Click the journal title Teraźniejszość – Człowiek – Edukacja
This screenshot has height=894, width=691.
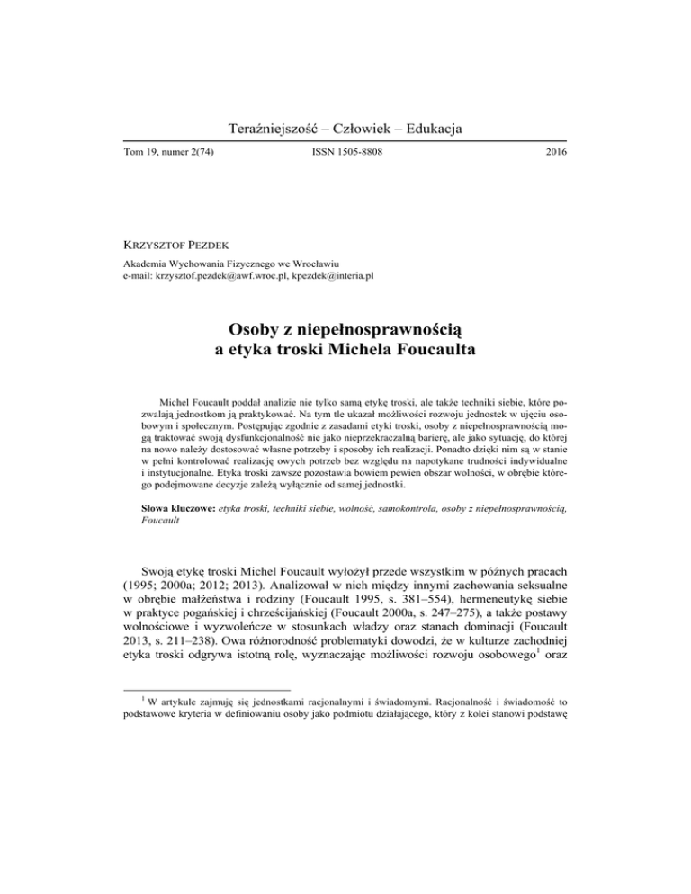pos(345,130)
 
